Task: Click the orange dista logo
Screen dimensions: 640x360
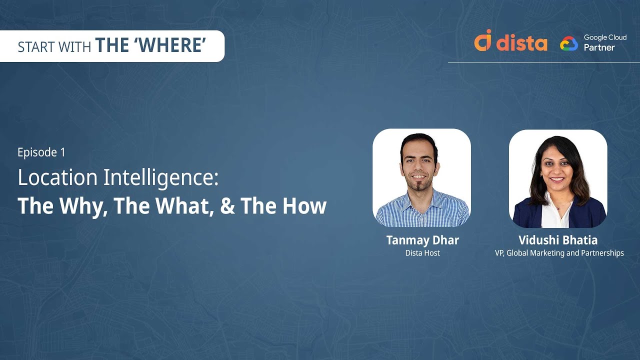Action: [511, 41]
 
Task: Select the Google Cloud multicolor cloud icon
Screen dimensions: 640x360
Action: [569, 43]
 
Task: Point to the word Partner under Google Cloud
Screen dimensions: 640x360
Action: [599, 47]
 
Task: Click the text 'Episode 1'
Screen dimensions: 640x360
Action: [41, 152]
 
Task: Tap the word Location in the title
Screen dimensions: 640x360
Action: [57, 177]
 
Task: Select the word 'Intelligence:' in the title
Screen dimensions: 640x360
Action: [160, 178]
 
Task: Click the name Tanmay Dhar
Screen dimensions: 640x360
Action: [422, 240]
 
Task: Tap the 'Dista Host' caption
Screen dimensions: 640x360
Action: [422, 253]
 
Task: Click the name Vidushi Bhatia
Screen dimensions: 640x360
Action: [558, 240]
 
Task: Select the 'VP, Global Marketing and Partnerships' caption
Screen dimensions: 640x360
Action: [559, 253]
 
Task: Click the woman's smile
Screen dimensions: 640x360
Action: [557, 179]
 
